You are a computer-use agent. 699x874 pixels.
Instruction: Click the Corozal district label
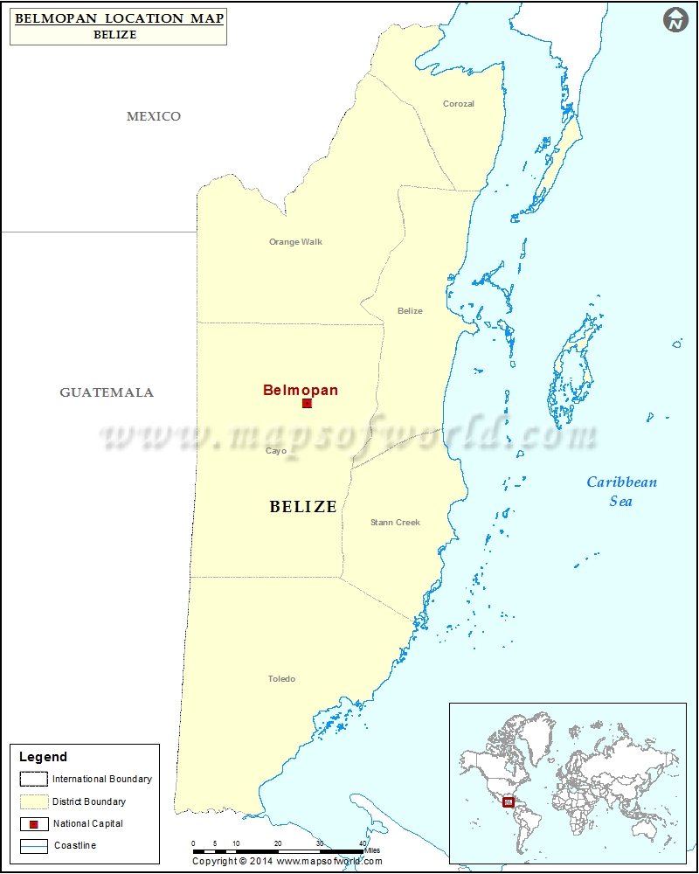click(458, 104)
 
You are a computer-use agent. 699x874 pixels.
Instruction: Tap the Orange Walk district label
click(295, 242)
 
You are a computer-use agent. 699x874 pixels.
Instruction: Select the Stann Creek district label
click(395, 523)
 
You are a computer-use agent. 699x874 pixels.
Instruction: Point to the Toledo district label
click(281, 679)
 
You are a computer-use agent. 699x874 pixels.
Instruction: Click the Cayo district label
click(276, 451)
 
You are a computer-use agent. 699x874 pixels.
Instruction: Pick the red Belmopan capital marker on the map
click(307, 404)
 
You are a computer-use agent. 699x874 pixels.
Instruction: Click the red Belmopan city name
click(301, 391)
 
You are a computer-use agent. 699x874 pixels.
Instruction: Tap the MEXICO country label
click(154, 116)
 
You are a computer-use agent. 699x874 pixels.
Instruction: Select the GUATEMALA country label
click(107, 392)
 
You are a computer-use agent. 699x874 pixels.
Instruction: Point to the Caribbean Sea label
click(621, 491)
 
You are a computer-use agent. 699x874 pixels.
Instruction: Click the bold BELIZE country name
click(303, 507)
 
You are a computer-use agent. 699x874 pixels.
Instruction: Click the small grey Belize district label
click(410, 311)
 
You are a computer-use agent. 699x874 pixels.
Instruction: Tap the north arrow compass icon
click(675, 20)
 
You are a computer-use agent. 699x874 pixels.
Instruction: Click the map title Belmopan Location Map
click(119, 17)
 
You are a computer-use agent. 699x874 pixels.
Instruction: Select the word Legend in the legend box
click(43, 757)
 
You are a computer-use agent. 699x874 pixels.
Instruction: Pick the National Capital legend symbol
click(34, 824)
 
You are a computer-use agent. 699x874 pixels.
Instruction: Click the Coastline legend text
click(75, 846)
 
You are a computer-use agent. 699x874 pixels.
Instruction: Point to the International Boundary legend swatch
click(34, 779)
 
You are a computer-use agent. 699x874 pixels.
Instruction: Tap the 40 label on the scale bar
click(363, 843)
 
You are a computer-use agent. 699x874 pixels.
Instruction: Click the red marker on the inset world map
click(509, 801)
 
